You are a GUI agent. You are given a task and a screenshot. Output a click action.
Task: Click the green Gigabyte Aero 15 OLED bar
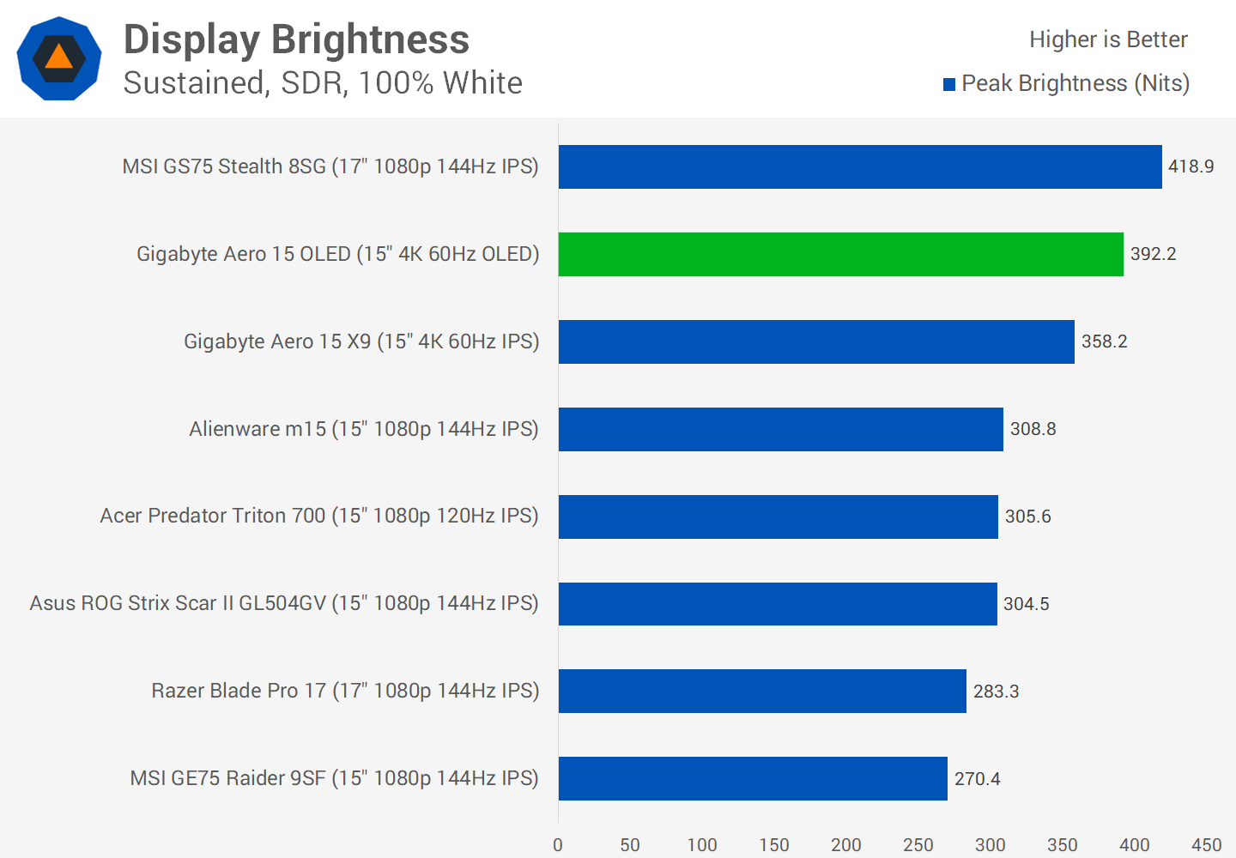(x=840, y=254)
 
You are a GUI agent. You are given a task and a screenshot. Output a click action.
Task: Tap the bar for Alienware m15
(x=780, y=429)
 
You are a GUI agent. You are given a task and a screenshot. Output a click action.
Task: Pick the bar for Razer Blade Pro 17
(x=762, y=691)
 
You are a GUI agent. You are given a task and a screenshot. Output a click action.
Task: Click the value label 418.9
(x=1191, y=166)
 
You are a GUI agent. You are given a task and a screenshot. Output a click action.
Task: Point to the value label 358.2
(x=1104, y=341)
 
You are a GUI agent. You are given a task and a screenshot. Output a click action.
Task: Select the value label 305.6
(x=1027, y=517)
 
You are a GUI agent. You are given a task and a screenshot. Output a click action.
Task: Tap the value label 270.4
(x=977, y=778)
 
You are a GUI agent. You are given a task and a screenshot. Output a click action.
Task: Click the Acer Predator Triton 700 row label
(x=319, y=516)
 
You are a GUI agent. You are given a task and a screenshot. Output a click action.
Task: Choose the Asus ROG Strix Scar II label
(x=284, y=603)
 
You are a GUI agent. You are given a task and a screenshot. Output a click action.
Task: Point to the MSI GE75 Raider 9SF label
(x=334, y=778)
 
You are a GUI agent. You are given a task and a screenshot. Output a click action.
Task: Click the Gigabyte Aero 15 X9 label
(x=361, y=341)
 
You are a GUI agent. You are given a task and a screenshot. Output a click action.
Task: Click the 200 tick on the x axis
(x=846, y=845)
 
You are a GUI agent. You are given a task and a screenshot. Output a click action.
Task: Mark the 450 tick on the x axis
(x=1206, y=845)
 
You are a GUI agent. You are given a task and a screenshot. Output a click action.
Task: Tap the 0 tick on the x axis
(x=558, y=845)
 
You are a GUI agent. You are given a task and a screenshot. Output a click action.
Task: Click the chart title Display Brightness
(x=296, y=39)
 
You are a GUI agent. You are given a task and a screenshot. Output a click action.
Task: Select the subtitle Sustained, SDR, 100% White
(x=323, y=83)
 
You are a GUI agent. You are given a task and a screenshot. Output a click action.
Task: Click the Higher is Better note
(x=1108, y=39)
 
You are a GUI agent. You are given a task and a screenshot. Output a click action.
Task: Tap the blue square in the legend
(x=949, y=84)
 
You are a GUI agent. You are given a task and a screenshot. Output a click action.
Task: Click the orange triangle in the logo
(x=58, y=57)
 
